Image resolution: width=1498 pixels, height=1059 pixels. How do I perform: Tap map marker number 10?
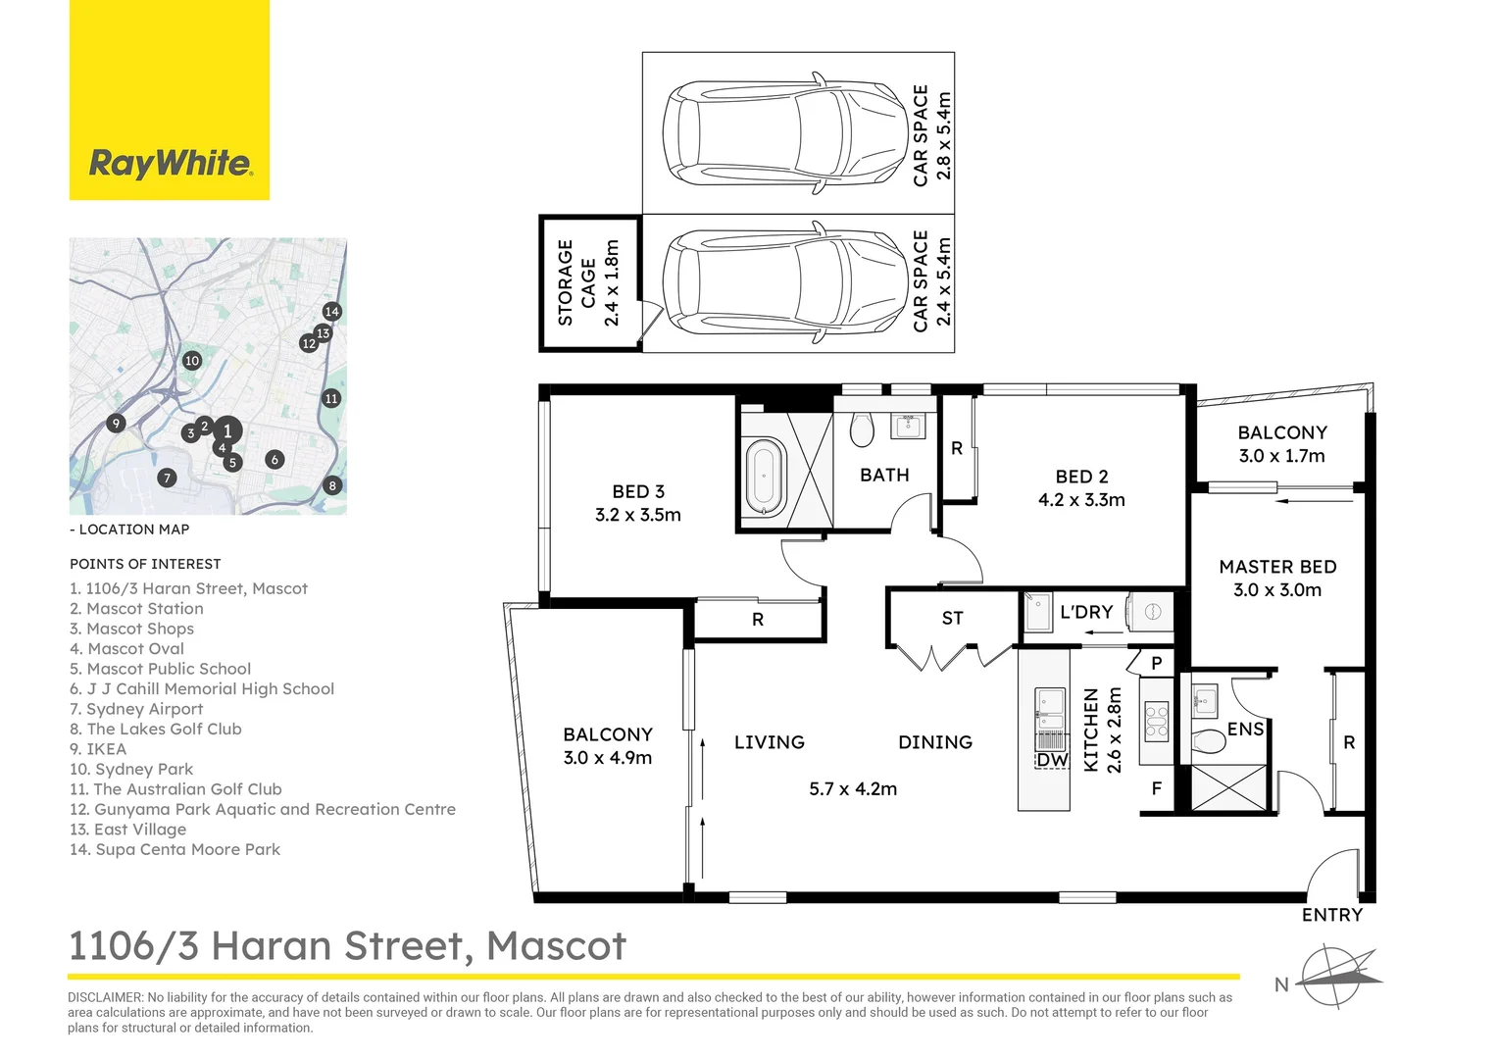pyautogui.click(x=192, y=361)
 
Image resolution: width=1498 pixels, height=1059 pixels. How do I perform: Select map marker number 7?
pyautogui.click(x=168, y=478)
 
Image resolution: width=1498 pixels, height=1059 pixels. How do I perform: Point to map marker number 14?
pyautogui.click(x=331, y=311)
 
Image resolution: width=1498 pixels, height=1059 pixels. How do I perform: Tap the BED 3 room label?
pyautogui.click(x=638, y=491)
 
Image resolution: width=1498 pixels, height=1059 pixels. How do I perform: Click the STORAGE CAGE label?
pyautogui.click(x=576, y=283)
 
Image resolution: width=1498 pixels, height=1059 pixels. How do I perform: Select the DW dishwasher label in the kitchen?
pyautogui.click(x=1052, y=760)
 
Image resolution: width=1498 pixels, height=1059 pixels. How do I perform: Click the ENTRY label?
pyautogui.click(x=1331, y=915)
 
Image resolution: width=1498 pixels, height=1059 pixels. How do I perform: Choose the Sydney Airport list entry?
pyautogui.click(x=136, y=709)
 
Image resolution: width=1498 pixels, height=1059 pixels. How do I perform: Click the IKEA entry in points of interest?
pyautogui.click(x=98, y=749)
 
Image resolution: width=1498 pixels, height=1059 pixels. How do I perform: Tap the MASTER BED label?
pyautogui.click(x=1277, y=567)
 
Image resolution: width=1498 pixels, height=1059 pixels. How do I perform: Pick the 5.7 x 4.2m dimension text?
pyautogui.click(x=853, y=788)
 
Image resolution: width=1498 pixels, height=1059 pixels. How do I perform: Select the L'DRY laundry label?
pyautogui.click(x=1086, y=612)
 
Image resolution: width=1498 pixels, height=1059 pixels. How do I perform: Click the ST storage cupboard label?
pyautogui.click(x=952, y=618)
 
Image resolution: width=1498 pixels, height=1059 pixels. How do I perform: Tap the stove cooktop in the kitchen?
pyautogui.click(x=1156, y=721)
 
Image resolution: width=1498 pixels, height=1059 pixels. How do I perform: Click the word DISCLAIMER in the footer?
pyautogui.click(x=106, y=997)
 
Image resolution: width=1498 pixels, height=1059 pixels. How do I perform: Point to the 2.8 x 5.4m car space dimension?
pyautogui.click(x=943, y=135)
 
